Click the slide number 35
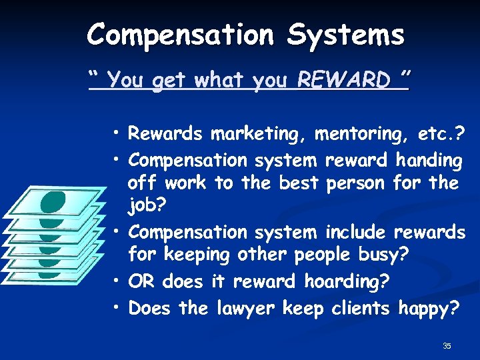click(447, 345)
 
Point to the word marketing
click(259, 135)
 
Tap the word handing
click(429, 160)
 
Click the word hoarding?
click(347, 282)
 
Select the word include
click(355, 233)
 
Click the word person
click(357, 183)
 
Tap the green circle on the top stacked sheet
click(53, 203)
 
